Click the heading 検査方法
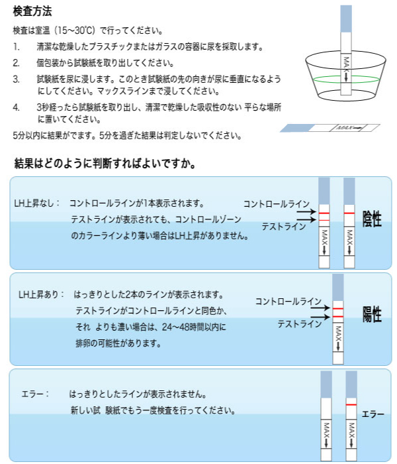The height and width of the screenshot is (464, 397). [32, 11]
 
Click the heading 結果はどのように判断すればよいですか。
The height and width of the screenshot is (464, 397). [105, 163]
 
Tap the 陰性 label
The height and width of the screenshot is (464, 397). [372, 219]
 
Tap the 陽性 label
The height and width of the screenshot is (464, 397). [372, 314]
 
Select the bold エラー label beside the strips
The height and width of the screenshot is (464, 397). [373, 414]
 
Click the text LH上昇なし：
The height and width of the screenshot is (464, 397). [36, 203]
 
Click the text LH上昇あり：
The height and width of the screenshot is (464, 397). [41, 294]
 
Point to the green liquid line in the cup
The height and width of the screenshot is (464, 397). [346, 79]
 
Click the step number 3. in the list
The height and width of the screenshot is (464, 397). [17, 80]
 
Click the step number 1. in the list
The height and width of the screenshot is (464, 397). [17, 47]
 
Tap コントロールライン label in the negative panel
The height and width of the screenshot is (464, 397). [276, 203]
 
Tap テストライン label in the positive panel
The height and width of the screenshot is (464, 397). [299, 323]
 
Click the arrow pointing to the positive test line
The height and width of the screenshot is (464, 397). [320, 318]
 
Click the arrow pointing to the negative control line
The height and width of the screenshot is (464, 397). [306, 212]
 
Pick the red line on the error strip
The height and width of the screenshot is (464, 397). [351, 404]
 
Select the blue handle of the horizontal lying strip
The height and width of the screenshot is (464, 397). [297, 128]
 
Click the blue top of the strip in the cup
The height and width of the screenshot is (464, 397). [346, 19]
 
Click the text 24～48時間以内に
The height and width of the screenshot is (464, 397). [194, 327]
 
